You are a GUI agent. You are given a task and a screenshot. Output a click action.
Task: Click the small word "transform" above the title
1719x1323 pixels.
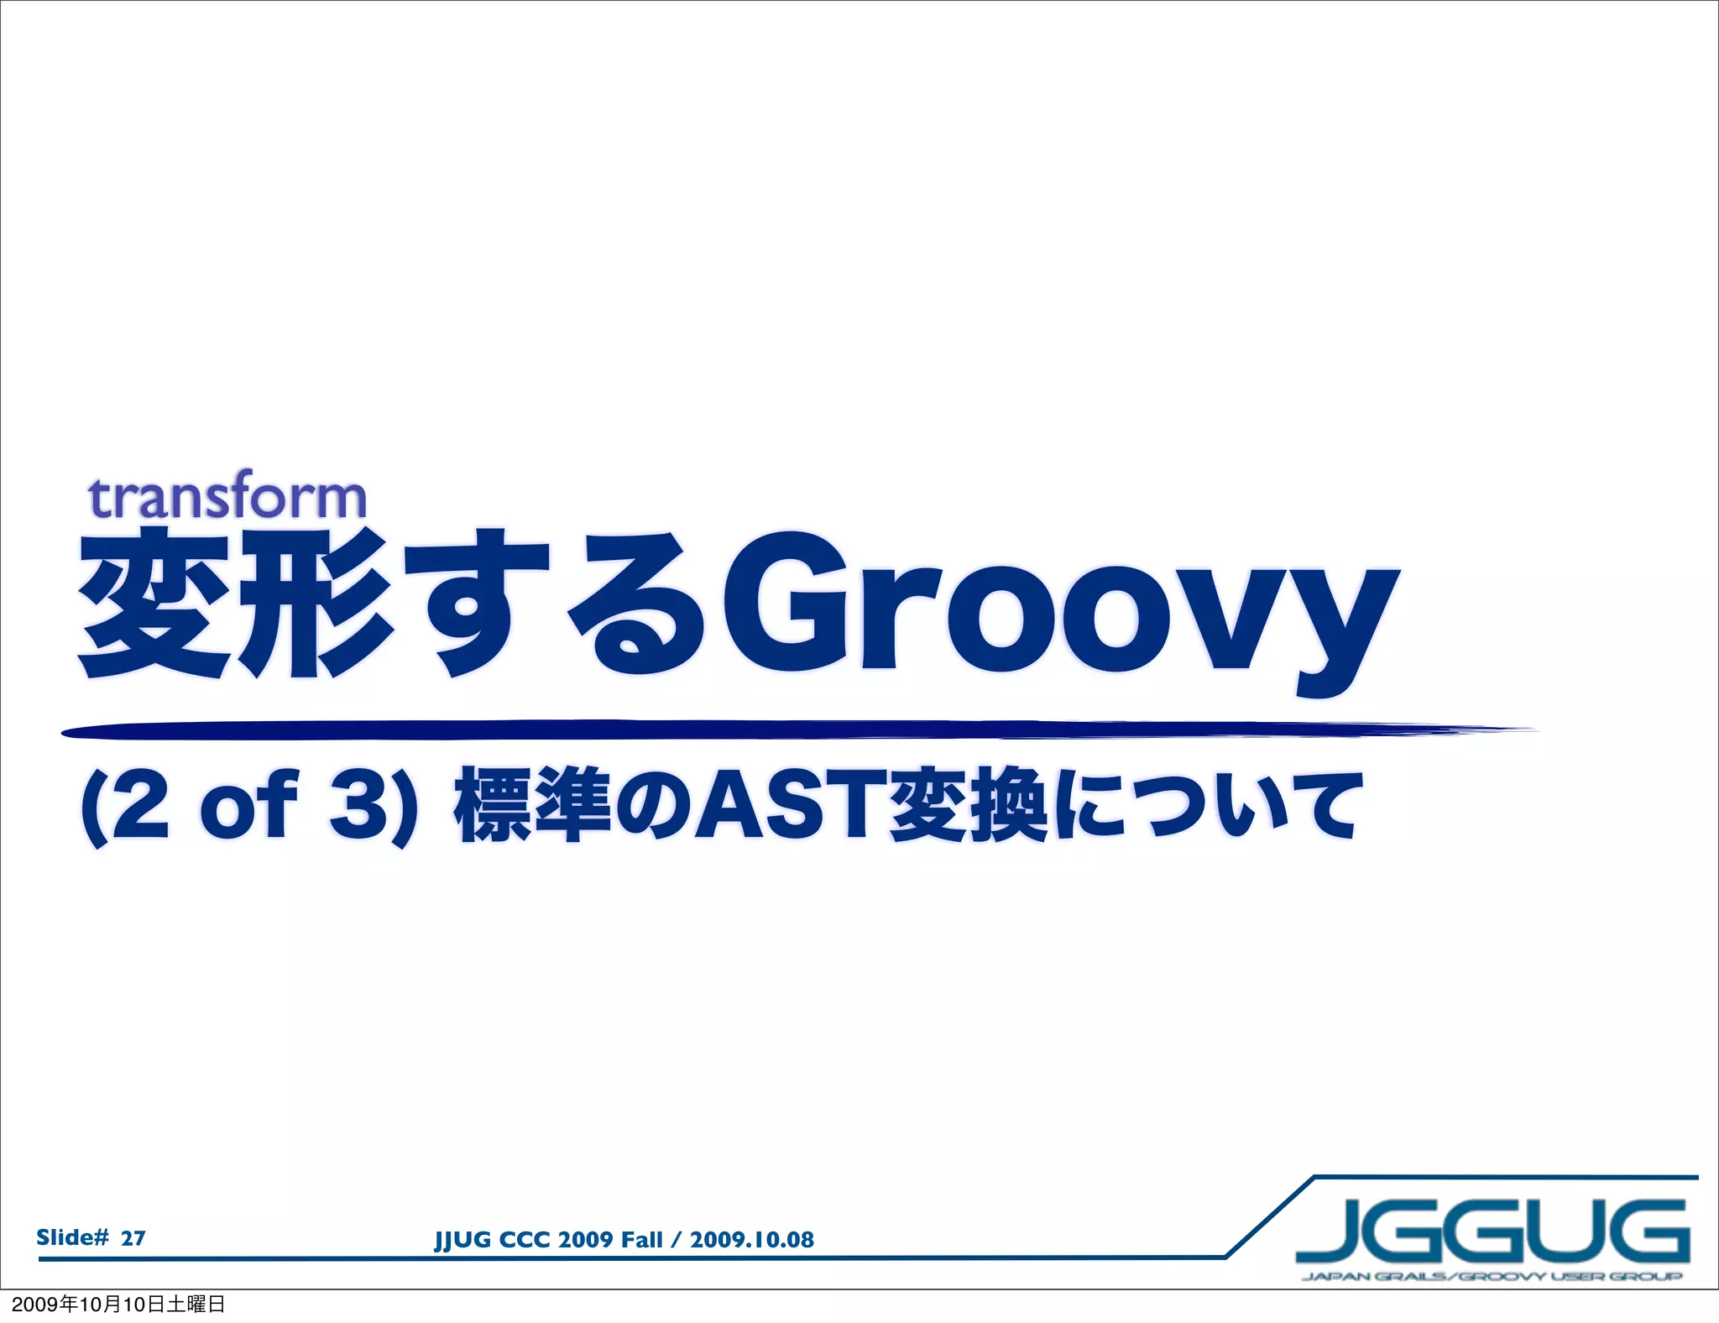pyautogui.click(x=227, y=498)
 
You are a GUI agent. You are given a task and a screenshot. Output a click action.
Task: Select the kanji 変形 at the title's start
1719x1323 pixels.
pyautogui.click(x=236, y=604)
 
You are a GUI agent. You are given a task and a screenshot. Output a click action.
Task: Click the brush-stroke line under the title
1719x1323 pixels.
pyautogui.click(x=755, y=730)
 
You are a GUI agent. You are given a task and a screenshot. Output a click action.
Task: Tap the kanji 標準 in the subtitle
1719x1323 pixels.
pyautogui.click(x=532, y=806)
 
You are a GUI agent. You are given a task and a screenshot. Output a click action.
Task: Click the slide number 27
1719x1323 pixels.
pyautogui.click(x=133, y=1238)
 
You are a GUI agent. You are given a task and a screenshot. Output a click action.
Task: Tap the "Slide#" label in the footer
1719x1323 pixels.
pyautogui.click(x=72, y=1237)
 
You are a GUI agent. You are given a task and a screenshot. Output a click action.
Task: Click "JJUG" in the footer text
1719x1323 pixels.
pyautogui.click(x=462, y=1240)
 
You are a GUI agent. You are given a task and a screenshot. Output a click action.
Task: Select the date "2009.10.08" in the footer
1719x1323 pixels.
pyautogui.click(x=752, y=1240)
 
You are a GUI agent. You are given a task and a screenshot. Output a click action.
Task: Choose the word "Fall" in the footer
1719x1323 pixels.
pyautogui.click(x=641, y=1240)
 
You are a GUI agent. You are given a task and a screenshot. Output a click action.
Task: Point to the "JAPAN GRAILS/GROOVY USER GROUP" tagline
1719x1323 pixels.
pyautogui.click(x=1492, y=1277)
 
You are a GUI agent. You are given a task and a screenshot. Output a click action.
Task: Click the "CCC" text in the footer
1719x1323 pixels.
pyautogui.click(x=524, y=1240)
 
